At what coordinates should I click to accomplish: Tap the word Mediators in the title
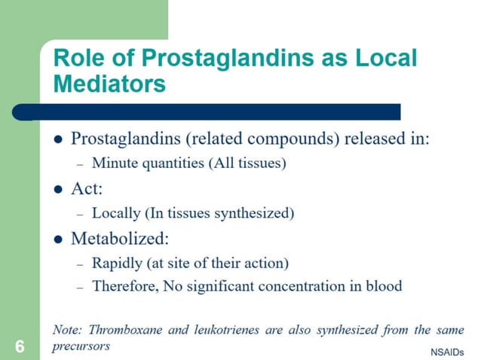point(109,84)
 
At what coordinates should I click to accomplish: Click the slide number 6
point(20,347)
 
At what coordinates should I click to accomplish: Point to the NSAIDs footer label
point(447,352)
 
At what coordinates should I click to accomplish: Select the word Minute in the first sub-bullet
point(114,163)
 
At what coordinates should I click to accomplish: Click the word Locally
point(116,213)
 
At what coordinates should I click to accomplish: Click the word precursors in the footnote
point(81,346)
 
